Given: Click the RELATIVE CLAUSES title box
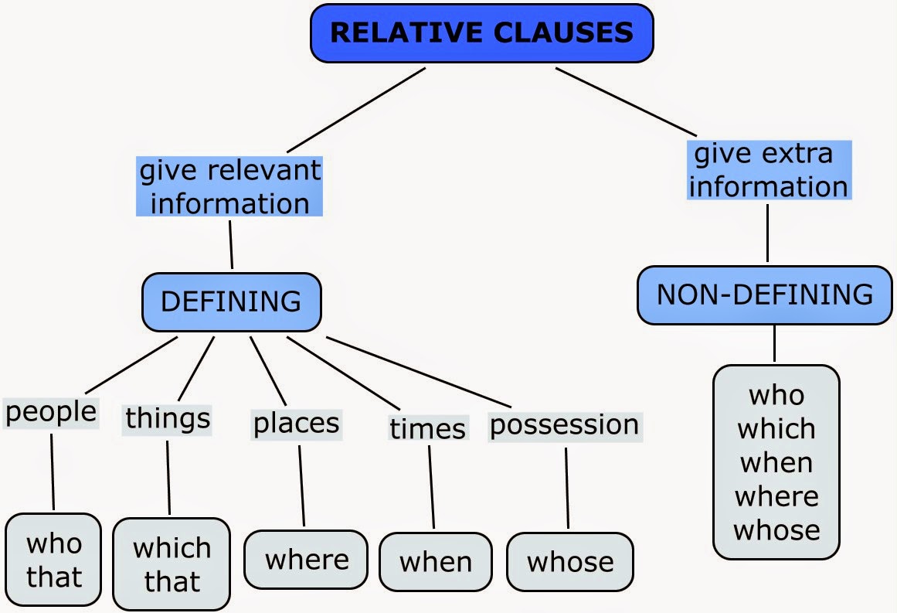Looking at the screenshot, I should [481, 33].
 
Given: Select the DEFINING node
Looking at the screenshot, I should [231, 301].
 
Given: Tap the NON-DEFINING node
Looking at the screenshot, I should [764, 295].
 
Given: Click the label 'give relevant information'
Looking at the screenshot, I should [230, 186].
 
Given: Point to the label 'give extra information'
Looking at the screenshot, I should [769, 171].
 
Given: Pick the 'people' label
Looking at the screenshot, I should [51, 412].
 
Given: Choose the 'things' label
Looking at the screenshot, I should [168, 418].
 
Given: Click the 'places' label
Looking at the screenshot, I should [297, 423].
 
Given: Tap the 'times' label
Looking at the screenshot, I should [427, 428].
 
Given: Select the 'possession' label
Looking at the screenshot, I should [565, 424].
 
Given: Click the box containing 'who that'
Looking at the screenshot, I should [53, 560].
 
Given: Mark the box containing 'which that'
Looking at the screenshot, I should [172, 564].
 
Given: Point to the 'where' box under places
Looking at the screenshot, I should [306, 560].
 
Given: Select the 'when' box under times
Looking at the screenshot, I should [436, 562].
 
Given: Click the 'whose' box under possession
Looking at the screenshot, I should [570, 562].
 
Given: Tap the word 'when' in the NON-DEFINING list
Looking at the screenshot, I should [776, 462].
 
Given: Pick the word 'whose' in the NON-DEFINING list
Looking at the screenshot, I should [776, 530].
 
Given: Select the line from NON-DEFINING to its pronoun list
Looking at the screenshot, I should [774, 344].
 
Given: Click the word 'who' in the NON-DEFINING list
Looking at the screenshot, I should [776, 395].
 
